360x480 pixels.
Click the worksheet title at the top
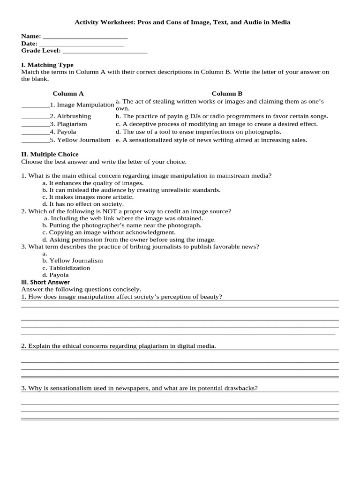click(x=183, y=22)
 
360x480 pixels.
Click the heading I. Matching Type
click(x=47, y=65)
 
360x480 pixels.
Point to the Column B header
click(x=227, y=93)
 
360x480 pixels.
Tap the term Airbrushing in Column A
click(x=74, y=116)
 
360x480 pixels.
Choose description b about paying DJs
click(x=222, y=116)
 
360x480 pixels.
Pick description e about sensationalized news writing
click(x=211, y=140)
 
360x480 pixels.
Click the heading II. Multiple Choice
click(x=50, y=154)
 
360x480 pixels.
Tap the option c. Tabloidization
click(x=66, y=268)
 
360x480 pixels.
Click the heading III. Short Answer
click(x=45, y=282)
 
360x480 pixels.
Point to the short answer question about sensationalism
click(x=139, y=388)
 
